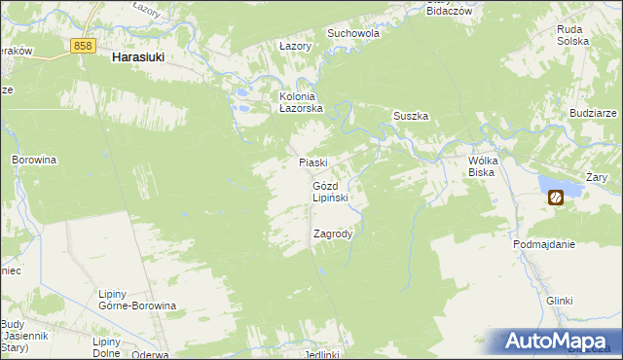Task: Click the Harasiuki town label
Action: [137, 57]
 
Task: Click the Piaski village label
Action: [311, 162]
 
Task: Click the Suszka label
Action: [411, 116]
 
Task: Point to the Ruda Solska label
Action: [572, 36]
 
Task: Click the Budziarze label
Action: [595, 113]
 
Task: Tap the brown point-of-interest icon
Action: [555, 198]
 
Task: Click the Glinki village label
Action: [559, 301]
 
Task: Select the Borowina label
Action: [34, 159]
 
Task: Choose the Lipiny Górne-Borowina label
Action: [137, 300]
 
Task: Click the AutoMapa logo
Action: [561, 342]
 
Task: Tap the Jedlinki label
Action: [321, 354]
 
